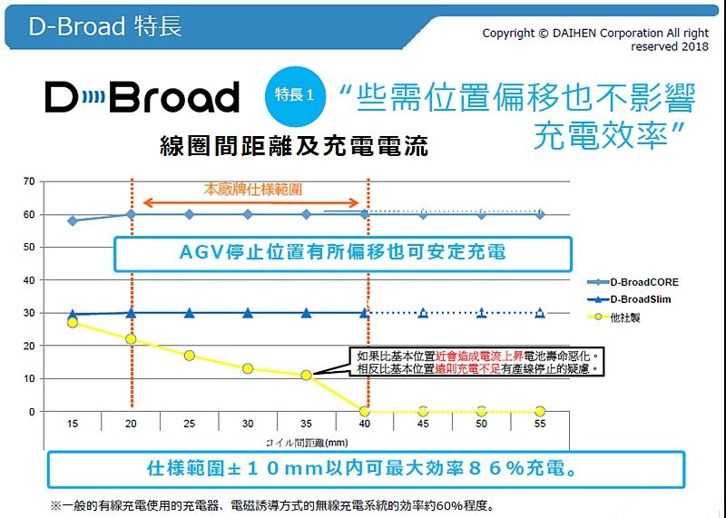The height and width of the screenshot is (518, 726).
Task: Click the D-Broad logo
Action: tap(142, 97)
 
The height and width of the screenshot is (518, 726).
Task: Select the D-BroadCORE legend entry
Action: tap(636, 282)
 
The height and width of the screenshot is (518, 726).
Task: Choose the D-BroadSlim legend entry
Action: tap(633, 299)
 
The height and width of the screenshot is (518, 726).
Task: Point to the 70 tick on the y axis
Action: tap(30, 181)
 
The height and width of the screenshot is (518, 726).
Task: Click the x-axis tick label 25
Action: tap(189, 424)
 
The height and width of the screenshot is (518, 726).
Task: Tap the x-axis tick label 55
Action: tap(540, 424)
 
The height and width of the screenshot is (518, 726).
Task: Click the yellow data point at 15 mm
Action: tap(73, 323)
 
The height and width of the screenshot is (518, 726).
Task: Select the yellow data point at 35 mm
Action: tap(306, 375)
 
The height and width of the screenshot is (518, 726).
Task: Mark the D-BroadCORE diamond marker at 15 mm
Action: tap(73, 220)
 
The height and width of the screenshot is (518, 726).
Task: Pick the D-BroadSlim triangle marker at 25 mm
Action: tap(189, 313)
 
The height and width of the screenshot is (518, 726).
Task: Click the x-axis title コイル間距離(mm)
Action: tap(307, 442)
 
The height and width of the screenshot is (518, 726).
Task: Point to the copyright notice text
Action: tap(595, 39)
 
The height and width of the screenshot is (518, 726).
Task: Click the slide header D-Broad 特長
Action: tap(105, 26)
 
